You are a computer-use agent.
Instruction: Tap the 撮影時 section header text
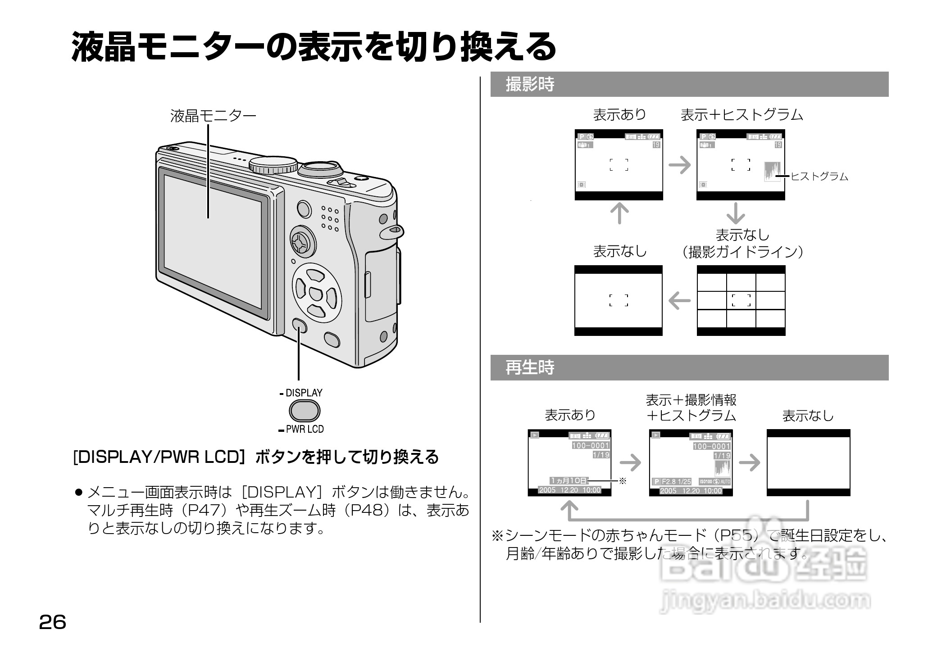tap(530, 84)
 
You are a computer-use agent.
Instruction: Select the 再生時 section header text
tap(530, 367)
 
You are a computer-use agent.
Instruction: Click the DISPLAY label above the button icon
tap(304, 393)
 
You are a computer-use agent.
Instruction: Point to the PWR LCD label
tap(305, 429)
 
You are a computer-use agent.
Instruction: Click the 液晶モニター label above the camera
tap(213, 116)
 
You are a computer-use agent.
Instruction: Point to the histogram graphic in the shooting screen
tap(772, 172)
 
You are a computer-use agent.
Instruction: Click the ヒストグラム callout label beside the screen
tap(819, 177)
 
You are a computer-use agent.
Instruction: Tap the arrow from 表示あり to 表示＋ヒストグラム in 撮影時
tap(680, 165)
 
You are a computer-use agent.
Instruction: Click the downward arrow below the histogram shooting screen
tap(736, 213)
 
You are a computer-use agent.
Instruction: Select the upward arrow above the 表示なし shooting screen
tap(619, 213)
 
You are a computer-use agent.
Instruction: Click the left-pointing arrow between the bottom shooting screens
tap(680, 300)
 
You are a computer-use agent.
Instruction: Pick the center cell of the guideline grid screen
tap(741, 300)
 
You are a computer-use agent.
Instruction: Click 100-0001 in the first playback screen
tap(591, 445)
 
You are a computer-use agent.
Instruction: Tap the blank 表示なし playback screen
tap(808, 462)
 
